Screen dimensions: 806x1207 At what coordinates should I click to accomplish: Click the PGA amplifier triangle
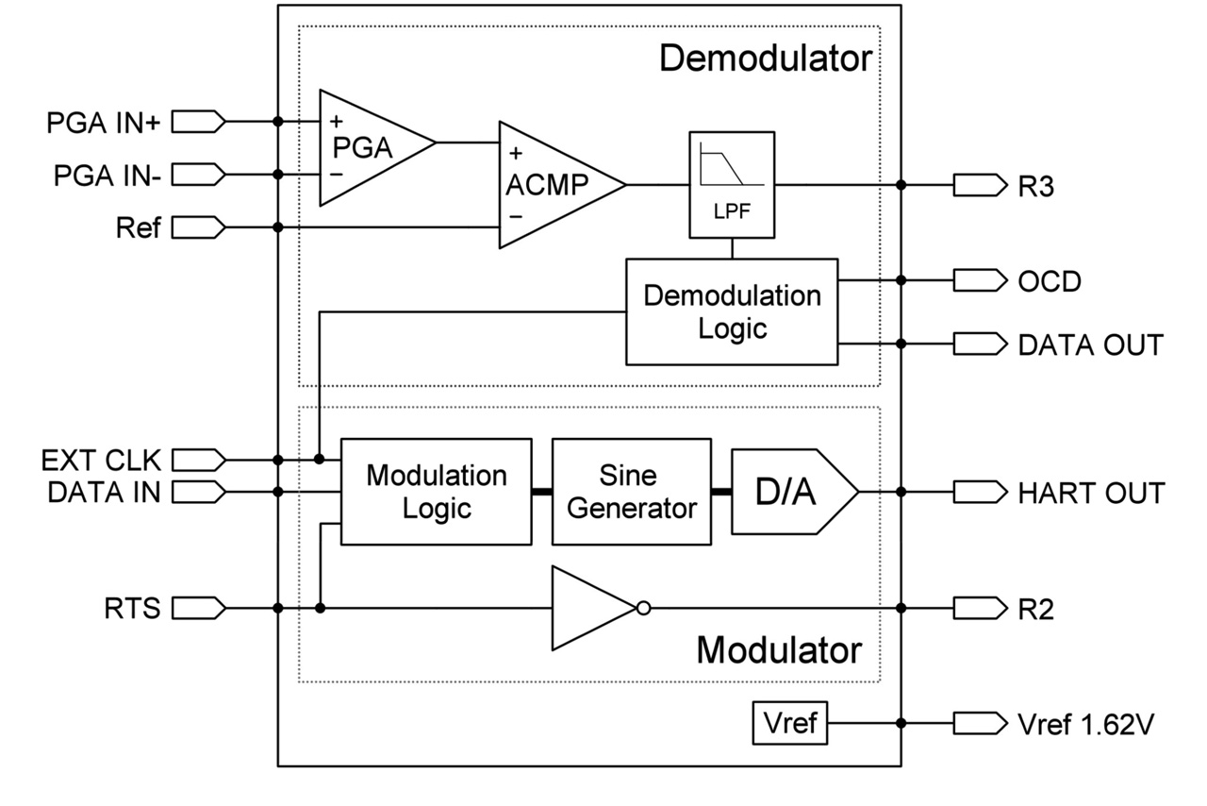click(368, 147)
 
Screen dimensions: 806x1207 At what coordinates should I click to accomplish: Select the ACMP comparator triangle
click(552, 185)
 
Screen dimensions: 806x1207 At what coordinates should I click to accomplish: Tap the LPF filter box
click(733, 184)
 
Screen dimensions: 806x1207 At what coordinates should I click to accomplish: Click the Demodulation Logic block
click(733, 311)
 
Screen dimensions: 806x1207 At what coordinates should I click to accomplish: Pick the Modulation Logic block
click(436, 491)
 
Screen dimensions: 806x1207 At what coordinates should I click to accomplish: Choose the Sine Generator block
click(631, 491)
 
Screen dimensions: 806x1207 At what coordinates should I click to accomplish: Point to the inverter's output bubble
click(643, 609)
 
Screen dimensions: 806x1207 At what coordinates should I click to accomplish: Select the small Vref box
click(789, 724)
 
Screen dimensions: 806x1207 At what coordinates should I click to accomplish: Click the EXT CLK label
click(101, 461)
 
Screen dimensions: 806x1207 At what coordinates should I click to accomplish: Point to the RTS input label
click(132, 609)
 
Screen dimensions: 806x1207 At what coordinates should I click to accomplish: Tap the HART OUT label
click(1091, 493)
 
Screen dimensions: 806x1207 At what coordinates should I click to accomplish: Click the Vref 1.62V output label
click(1084, 725)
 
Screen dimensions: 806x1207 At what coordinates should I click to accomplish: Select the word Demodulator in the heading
click(765, 59)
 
